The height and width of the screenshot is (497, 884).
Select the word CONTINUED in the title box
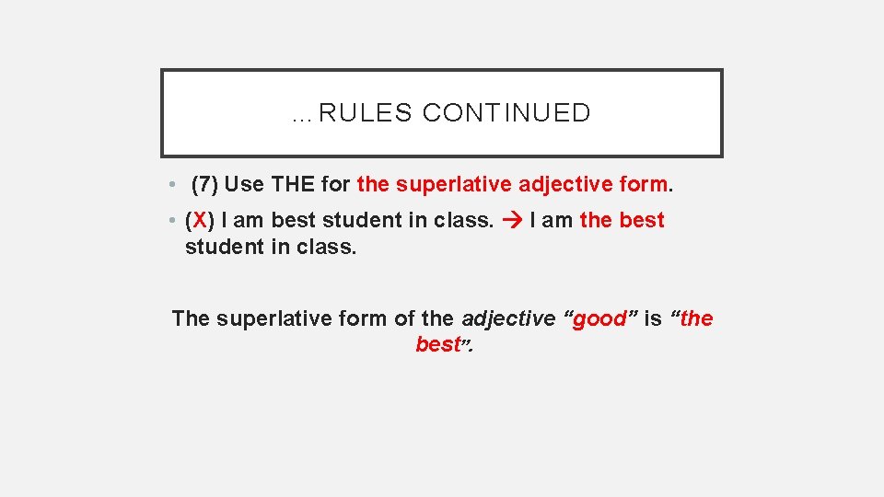tap(506, 113)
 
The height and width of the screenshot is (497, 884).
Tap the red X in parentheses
tap(200, 221)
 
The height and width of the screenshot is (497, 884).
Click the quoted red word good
tap(599, 319)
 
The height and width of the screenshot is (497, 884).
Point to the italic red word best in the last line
tap(437, 345)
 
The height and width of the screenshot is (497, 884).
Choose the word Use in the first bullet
tap(244, 184)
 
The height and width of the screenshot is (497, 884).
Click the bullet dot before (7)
tap(172, 185)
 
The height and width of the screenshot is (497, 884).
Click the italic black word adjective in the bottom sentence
tap(508, 319)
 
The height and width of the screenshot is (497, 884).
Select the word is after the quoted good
tap(653, 319)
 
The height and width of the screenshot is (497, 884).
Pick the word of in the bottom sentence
tap(404, 319)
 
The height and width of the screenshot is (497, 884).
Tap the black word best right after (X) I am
tap(293, 221)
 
